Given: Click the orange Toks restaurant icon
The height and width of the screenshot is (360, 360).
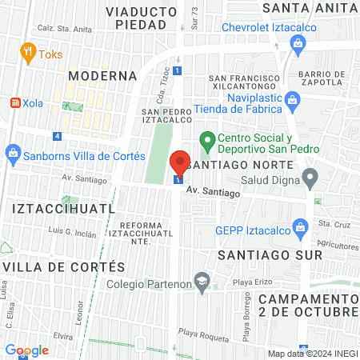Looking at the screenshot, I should coord(28,54).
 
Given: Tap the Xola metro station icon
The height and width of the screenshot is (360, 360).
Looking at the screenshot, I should coord(14,103).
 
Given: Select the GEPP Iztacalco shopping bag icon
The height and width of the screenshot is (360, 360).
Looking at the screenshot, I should coord(300,227).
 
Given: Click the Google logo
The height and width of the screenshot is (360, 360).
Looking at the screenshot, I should coord(26,350).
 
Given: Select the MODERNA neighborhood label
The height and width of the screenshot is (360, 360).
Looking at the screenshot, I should coord(102,75).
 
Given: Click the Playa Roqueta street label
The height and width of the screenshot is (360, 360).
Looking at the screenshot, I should coord(198,332).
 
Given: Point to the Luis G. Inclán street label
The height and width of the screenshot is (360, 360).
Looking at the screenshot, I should coord(72,234).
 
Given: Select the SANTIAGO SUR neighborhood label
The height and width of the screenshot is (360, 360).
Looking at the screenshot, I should coord(270,254).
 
